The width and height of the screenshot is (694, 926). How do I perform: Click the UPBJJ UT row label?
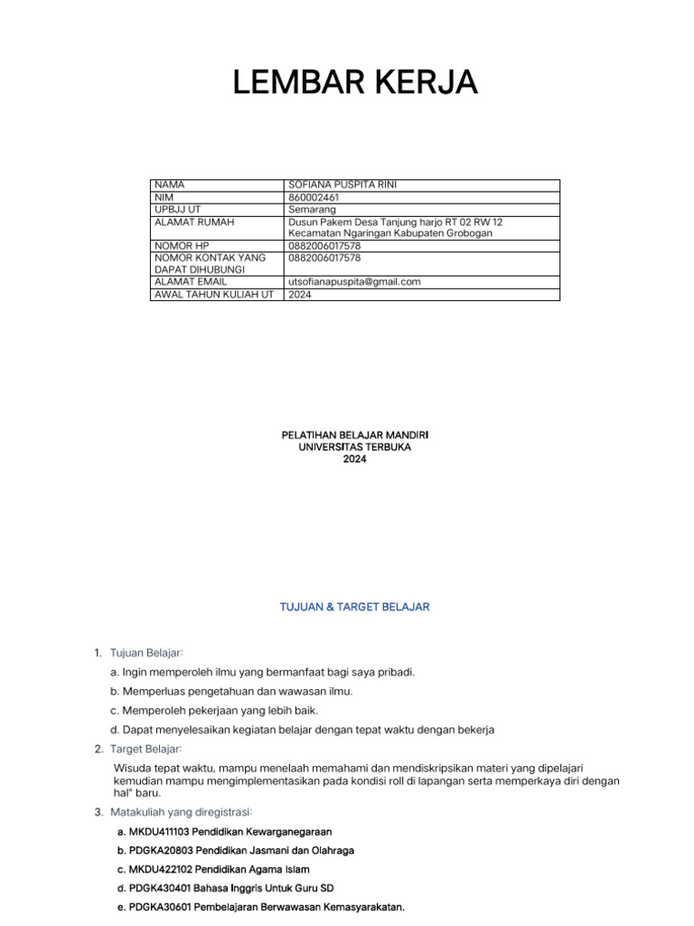pos(176,209)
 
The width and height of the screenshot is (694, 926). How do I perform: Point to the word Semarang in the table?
pos(312,209)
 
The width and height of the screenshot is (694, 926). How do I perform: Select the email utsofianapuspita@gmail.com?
pos(354,282)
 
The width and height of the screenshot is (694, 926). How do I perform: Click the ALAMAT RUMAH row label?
pos(194,221)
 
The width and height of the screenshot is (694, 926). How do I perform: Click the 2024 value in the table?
pos(300,294)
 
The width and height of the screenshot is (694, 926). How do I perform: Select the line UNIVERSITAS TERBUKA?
pos(355,447)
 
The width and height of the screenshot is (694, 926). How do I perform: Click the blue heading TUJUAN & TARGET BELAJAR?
pos(355,607)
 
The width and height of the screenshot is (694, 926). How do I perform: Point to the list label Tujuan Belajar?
pos(146,652)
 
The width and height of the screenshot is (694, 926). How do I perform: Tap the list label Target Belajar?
pos(146,749)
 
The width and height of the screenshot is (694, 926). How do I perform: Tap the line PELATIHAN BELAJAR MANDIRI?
pos(355,435)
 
